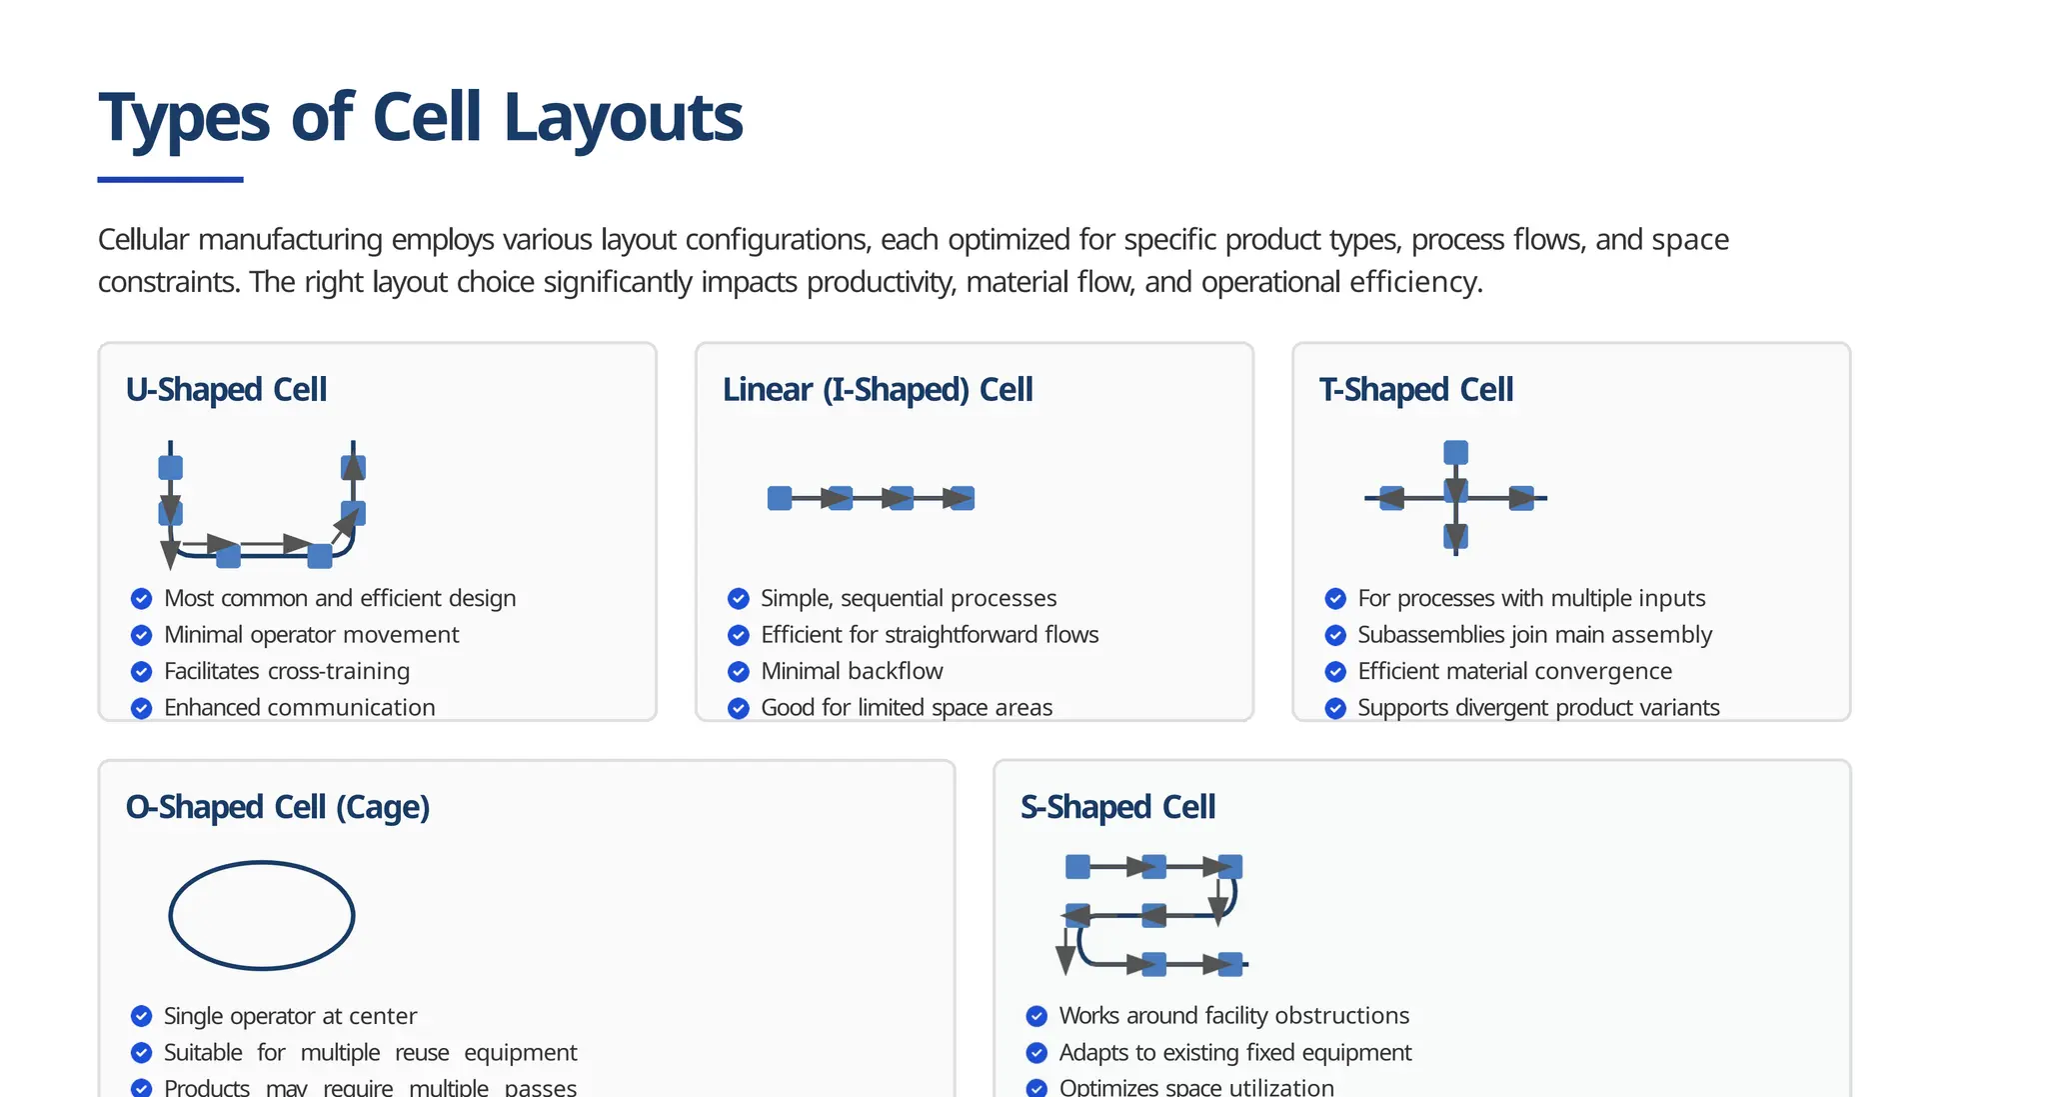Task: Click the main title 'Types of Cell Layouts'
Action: click(420, 118)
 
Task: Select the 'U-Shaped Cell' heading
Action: click(226, 389)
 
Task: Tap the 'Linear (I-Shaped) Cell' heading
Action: click(877, 389)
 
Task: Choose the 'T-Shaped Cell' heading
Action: click(1415, 389)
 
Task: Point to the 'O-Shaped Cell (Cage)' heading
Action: click(277, 807)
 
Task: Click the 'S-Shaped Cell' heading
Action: click(1117, 807)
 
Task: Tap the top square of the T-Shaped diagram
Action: click(1455, 452)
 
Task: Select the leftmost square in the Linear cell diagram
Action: click(780, 498)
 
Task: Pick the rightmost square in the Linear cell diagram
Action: click(963, 498)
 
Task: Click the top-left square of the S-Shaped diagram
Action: click(1077, 866)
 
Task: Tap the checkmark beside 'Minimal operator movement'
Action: click(142, 635)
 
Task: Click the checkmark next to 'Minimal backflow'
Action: click(739, 671)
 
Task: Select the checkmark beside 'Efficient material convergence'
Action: click(1335, 671)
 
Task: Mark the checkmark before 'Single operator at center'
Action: click(142, 1016)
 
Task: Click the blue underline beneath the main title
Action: click(170, 180)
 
